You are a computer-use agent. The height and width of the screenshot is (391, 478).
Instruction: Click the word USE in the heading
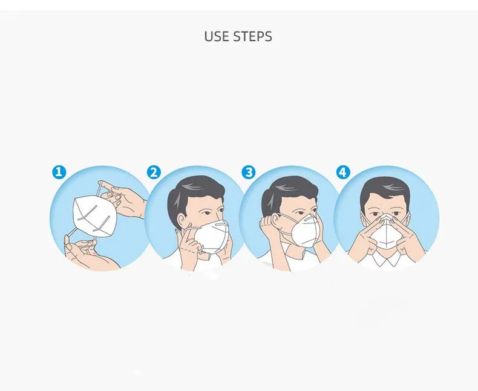click(x=217, y=36)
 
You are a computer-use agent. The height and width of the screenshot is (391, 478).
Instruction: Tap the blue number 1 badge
click(x=58, y=172)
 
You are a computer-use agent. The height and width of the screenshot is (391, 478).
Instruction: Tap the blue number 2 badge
click(x=153, y=172)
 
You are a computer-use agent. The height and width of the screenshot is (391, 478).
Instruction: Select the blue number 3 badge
click(x=249, y=172)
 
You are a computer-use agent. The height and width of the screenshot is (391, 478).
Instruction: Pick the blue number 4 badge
click(x=343, y=172)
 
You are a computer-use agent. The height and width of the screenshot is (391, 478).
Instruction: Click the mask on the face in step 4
click(x=386, y=234)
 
